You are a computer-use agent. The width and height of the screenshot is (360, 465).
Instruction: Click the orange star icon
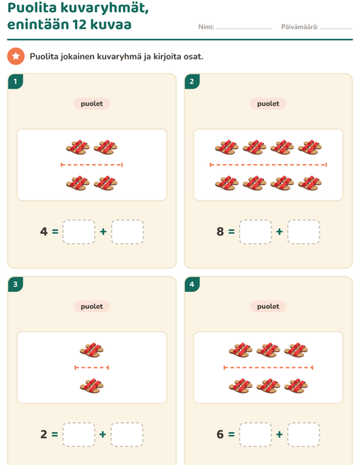pyautogui.click(x=16, y=56)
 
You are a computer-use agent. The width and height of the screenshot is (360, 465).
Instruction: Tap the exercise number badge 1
pyautogui.click(x=16, y=81)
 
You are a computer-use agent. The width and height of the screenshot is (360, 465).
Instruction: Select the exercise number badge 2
pyautogui.click(x=192, y=81)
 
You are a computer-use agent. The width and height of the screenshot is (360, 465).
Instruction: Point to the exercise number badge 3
pyautogui.click(x=16, y=284)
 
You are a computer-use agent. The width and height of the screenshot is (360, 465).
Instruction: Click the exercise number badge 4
pyautogui.click(x=192, y=284)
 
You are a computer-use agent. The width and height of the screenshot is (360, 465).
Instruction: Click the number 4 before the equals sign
pyautogui.click(x=43, y=231)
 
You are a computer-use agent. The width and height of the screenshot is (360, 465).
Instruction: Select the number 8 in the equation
pyautogui.click(x=220, y=231)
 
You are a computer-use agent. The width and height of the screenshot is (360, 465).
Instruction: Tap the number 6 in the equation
pyautogui.click(x=220, y=434)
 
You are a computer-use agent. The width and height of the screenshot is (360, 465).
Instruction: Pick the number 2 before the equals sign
pyautogui.click(x=43, y=434)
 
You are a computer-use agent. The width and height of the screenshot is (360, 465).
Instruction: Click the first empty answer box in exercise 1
pyautogui.click(x=79, y=232)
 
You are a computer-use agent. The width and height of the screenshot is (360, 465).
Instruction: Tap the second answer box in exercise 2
pyautogui.click(x=304, y=232)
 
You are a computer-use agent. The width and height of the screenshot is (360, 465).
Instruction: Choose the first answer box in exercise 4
pyautogui.click(x=255, y=435)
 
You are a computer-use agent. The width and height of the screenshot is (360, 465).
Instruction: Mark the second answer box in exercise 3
pyautogui.click(x=127, y=435)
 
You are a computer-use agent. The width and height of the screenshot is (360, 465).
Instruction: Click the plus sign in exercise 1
pyautogui.click(x=103, y=231)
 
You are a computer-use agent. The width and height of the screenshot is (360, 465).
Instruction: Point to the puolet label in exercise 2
pyautogui.click(x=268, y=103)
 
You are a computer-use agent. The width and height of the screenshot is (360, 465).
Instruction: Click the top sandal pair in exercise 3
pyautogui.click(x=91, y=350)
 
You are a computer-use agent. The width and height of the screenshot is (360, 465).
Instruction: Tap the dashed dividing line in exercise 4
pyautogui.click(x=268, y=367)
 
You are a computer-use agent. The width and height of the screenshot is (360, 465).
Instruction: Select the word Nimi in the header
pyautogui.click(x=206, y=27)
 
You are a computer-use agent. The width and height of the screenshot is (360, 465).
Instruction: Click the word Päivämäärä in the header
pyautogui.click(x=300, y=27)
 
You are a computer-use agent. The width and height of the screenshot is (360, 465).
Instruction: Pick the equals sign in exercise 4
pyautogui.click(x=231, y=434)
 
